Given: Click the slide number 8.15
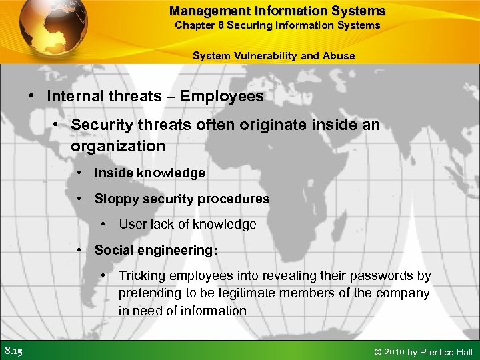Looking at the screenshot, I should pos(13,351).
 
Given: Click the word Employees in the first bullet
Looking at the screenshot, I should pos(222,96).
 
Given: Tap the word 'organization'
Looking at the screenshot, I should pos(118,145).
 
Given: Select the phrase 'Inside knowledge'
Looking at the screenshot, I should pos(149,173).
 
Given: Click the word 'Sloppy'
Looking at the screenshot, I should pos(114,199).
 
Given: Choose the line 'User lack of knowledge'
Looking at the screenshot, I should pos(187,225).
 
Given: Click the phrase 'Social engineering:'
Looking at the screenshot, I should pos(155,250).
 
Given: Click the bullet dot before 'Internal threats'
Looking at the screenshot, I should pos(31,96).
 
